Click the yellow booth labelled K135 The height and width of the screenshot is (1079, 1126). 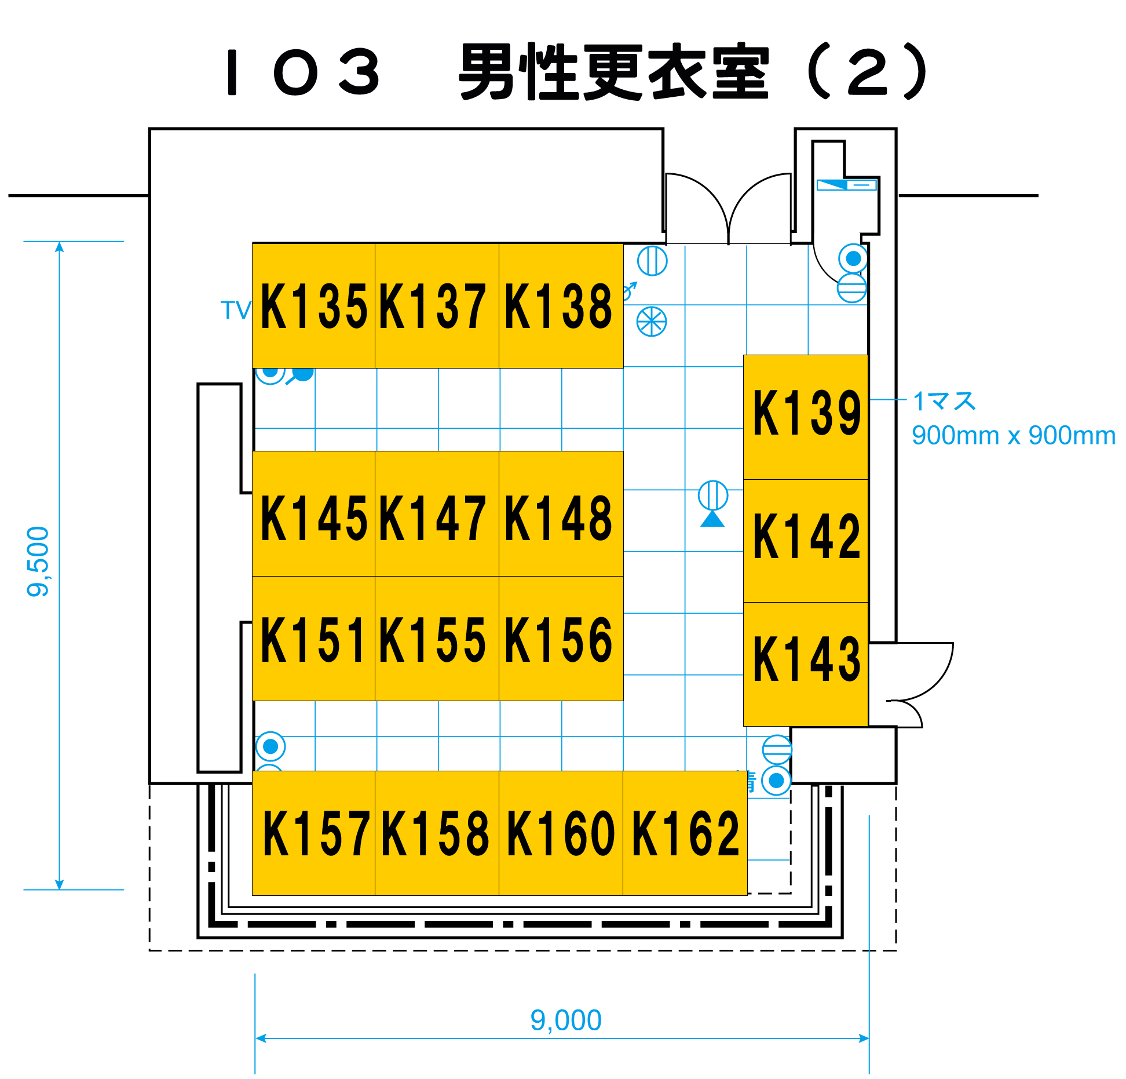[313, 305]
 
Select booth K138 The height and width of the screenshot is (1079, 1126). [560, 305]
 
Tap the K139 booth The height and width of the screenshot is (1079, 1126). [805, 416]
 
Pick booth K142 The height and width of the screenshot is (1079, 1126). [805, 540]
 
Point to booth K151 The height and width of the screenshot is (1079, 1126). [313, 638]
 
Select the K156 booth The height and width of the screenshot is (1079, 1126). [560, 638]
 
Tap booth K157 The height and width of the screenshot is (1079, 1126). [313, 833]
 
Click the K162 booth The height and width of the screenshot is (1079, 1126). [685, 833]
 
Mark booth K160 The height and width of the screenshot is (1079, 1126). [560, 833]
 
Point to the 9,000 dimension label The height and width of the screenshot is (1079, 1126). [566, 1020]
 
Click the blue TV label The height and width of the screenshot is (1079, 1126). [235, 310]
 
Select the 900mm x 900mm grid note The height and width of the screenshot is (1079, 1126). [1013, 436]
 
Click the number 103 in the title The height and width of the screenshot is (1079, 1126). [302, 72]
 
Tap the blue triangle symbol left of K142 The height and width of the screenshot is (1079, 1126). [712, 519]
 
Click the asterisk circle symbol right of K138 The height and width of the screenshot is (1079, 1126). [652, 322]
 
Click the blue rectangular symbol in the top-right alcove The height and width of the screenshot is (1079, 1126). [846, 185]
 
